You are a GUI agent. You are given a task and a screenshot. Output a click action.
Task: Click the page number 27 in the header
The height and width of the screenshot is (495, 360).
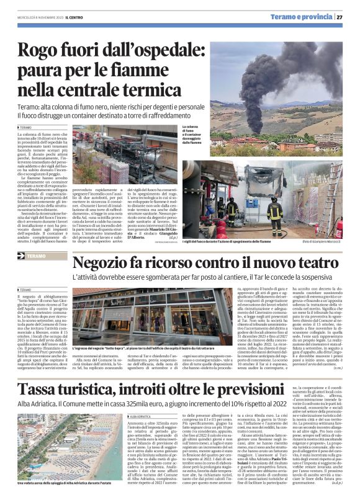click(349, 17)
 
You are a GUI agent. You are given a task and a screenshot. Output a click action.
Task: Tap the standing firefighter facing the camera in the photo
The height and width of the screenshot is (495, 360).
click(274, 211)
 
